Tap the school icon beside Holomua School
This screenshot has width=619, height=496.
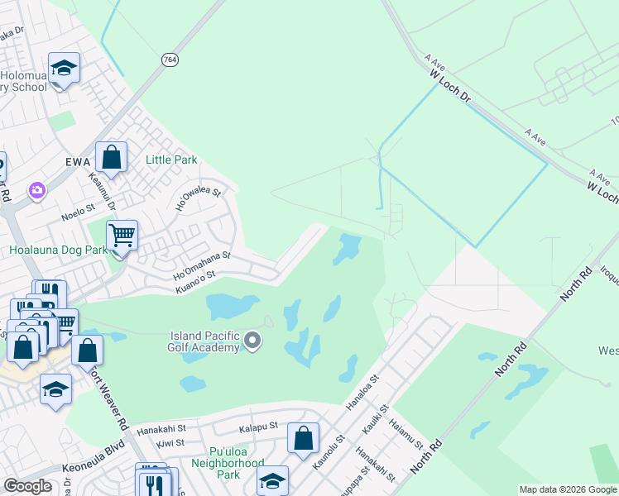(x=63, y=68)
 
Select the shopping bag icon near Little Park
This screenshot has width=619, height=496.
(x=111, y=156)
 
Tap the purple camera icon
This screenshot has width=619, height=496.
(x=36, y=192)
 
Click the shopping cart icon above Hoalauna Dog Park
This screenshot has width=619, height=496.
(x=122, y=236)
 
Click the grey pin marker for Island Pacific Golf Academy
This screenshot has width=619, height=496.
(x=253, y=341)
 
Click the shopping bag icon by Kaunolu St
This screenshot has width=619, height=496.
(x=303, y=437)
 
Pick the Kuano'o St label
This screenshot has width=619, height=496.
(x=195, y=281)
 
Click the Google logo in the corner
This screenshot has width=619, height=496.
(x=27, y=486)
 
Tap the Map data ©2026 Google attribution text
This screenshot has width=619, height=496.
(x=568, y=489)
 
